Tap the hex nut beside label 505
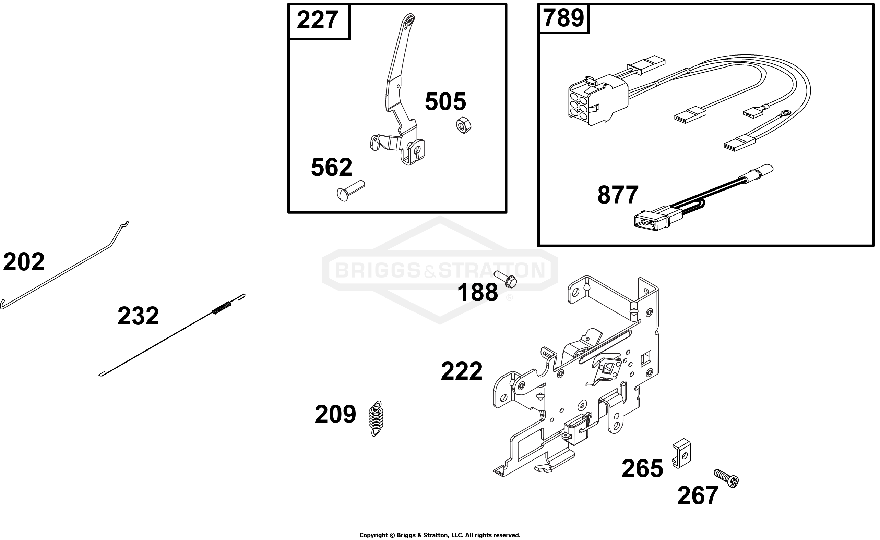(x=463, y=125)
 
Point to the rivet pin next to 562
(x=350, y=191)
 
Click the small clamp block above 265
(x=682, y=453)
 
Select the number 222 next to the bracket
(x=462, y=372)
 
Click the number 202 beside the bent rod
(x=24, y=262)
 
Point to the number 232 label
(x=138, y=316)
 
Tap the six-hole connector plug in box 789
(x=598, y=100)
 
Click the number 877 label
(x=618, y=195)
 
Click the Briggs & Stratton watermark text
(x=440, y=270)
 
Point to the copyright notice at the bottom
(x=440, y=535)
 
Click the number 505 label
(x=445, y=101)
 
